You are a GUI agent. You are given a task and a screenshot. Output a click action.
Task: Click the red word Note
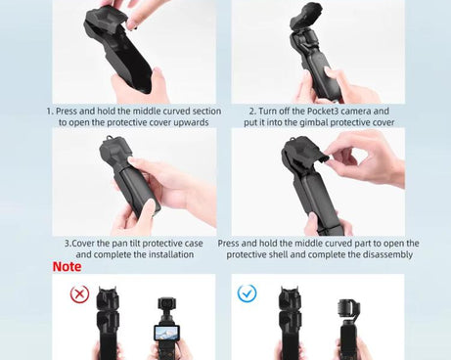(68, 266)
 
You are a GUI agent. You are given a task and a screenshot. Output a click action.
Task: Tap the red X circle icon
(78, 292)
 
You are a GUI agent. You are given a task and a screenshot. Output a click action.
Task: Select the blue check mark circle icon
(247, 292)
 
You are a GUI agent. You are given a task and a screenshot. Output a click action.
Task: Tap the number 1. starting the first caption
(50, 112)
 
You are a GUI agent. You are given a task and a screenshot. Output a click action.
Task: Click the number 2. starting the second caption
(251, 112)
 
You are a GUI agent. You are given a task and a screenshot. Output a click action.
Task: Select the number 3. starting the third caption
(68, 243)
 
